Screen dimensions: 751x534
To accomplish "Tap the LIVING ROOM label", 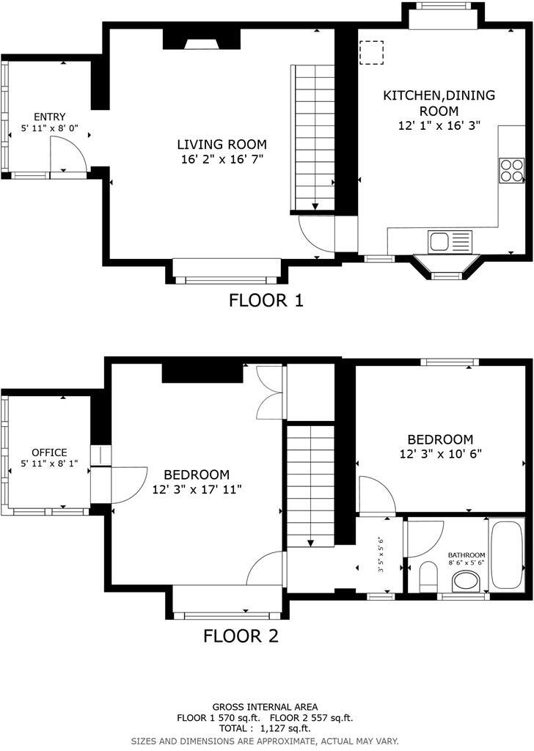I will pyautogui.click(x=222, y=144).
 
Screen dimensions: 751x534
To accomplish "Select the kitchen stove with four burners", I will pyautogui.click(x=512, y=170).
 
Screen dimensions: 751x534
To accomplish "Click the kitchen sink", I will pyautogui.click(x=440, y=240).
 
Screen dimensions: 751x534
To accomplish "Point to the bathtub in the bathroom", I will pyautogui.click(x=507, y=554).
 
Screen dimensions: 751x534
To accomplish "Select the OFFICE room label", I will pyautogui.click(x=49, y=453).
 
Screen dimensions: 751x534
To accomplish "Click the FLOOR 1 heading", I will pyautogui.click(x=266, y=300).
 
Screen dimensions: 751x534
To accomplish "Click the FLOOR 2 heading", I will pyautogui.click(x=241, y=636).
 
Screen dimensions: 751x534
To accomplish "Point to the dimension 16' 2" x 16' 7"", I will pyautogui.click(x=222, y=158).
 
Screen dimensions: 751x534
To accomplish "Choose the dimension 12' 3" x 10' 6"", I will pyautogui.click(x=440, y=453).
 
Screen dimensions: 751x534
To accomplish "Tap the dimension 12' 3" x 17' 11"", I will pyautogui.click(x=197, y=488).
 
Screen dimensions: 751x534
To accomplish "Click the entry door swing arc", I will pyautogui.click(x=68, y=154).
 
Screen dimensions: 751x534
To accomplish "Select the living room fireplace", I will pyautogui.click(x=201, y=40).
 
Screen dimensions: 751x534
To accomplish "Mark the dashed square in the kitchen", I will pyautogui.click(x=371, y=53).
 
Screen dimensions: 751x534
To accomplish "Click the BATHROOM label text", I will pyautogui.click(x=467, y=554).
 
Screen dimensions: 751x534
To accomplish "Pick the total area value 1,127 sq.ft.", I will pyautogui.click(x=285, y=728).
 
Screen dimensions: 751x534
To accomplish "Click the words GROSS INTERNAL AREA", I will pyautogui.click(x=266, y=706).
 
